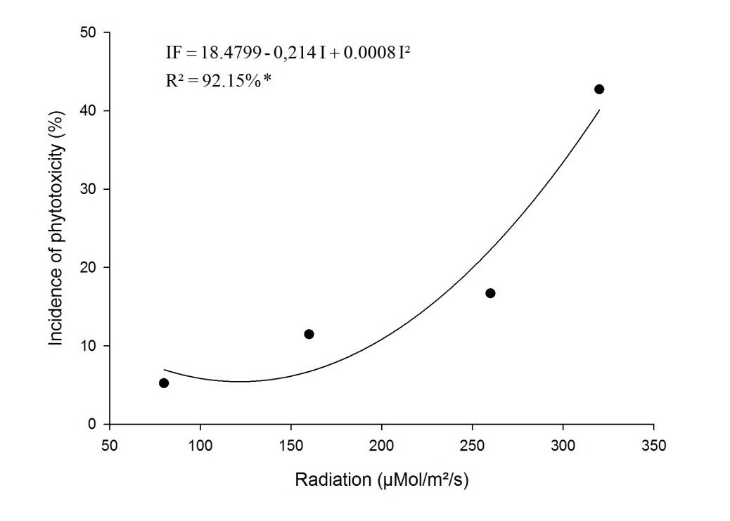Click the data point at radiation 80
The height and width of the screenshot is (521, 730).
[164, 383]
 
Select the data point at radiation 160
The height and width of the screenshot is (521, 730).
[309, 334]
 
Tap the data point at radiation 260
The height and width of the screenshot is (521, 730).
[490, 293]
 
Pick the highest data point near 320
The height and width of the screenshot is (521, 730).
[599, 89]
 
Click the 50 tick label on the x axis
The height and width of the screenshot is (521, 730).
[110, 444]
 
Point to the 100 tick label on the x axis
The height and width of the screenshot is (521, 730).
[200, 444]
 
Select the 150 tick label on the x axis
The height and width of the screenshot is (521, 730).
[291, 444]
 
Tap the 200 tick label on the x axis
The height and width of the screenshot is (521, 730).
[382, 444]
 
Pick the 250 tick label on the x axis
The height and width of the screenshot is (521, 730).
[473, 444]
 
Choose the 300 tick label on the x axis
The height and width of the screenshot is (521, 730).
[563, 444]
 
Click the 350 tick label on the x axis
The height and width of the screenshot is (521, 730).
[654, 444]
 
